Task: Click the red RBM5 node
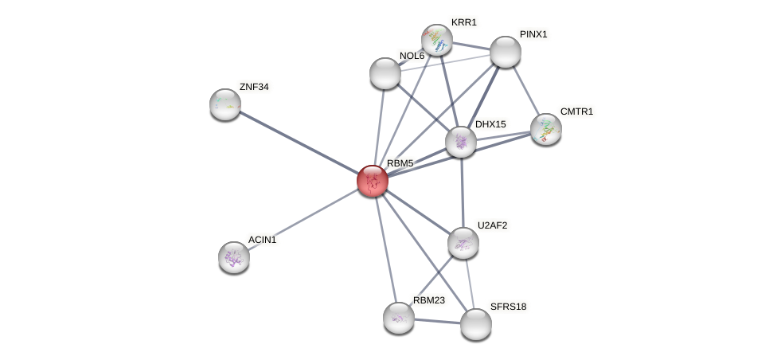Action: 372,181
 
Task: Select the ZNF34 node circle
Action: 225,104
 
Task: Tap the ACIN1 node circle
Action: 234,256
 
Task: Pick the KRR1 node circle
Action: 436,40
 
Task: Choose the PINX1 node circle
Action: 505,52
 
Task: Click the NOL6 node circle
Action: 385,73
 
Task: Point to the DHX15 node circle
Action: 460,142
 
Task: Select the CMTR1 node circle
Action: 545,128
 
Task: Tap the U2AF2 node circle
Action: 463,243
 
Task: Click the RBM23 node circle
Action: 398,317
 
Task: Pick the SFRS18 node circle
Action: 476,324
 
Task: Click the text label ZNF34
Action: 254,87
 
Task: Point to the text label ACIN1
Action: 262,240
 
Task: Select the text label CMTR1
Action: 576,112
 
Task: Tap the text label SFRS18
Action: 508,307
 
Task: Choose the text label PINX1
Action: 533,34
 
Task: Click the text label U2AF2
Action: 492,225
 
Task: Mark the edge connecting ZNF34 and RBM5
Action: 299,143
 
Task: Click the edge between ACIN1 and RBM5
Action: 303,219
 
